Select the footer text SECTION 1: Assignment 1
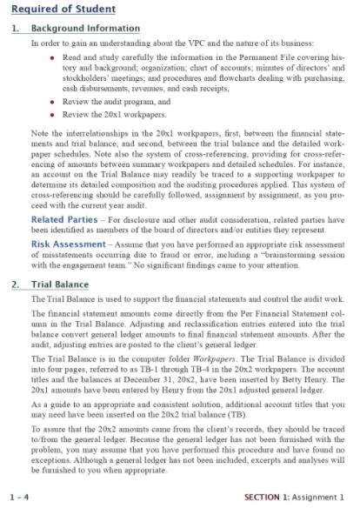pos(294,497)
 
